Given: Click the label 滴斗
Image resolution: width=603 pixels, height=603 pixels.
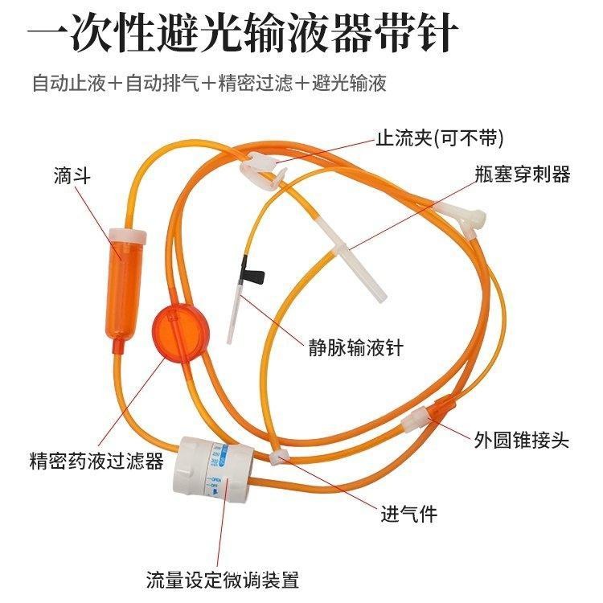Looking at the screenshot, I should pyautogui.click(x=69, y=177).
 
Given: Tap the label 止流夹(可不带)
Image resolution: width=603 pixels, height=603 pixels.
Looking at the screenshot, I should pyautogui.click(x=429, y=137).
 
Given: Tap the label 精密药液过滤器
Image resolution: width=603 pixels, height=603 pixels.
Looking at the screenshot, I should pyautogui.click(x=96, y=461).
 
